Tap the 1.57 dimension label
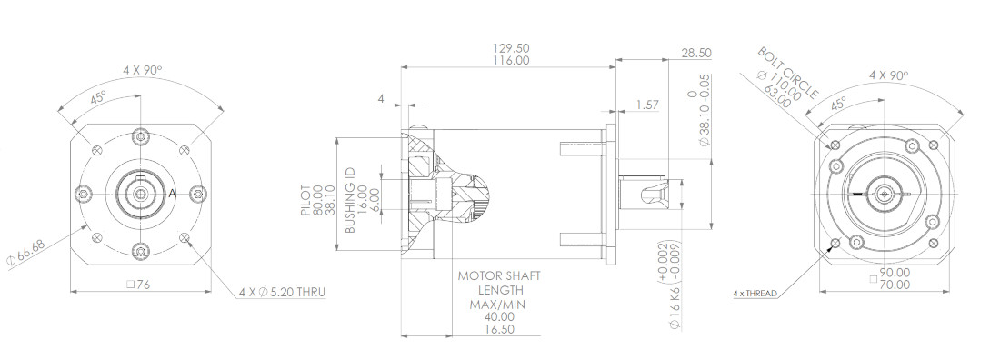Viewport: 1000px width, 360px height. point(648,105)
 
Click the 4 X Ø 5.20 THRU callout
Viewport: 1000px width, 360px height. point(282,293)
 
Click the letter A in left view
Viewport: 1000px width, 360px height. point(172,193)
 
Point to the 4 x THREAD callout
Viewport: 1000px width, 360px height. point(755,294)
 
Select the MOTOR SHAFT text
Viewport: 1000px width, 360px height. point(492,275)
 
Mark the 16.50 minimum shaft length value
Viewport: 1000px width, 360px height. point(492,330)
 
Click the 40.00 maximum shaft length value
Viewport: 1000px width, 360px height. point(492,316)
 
